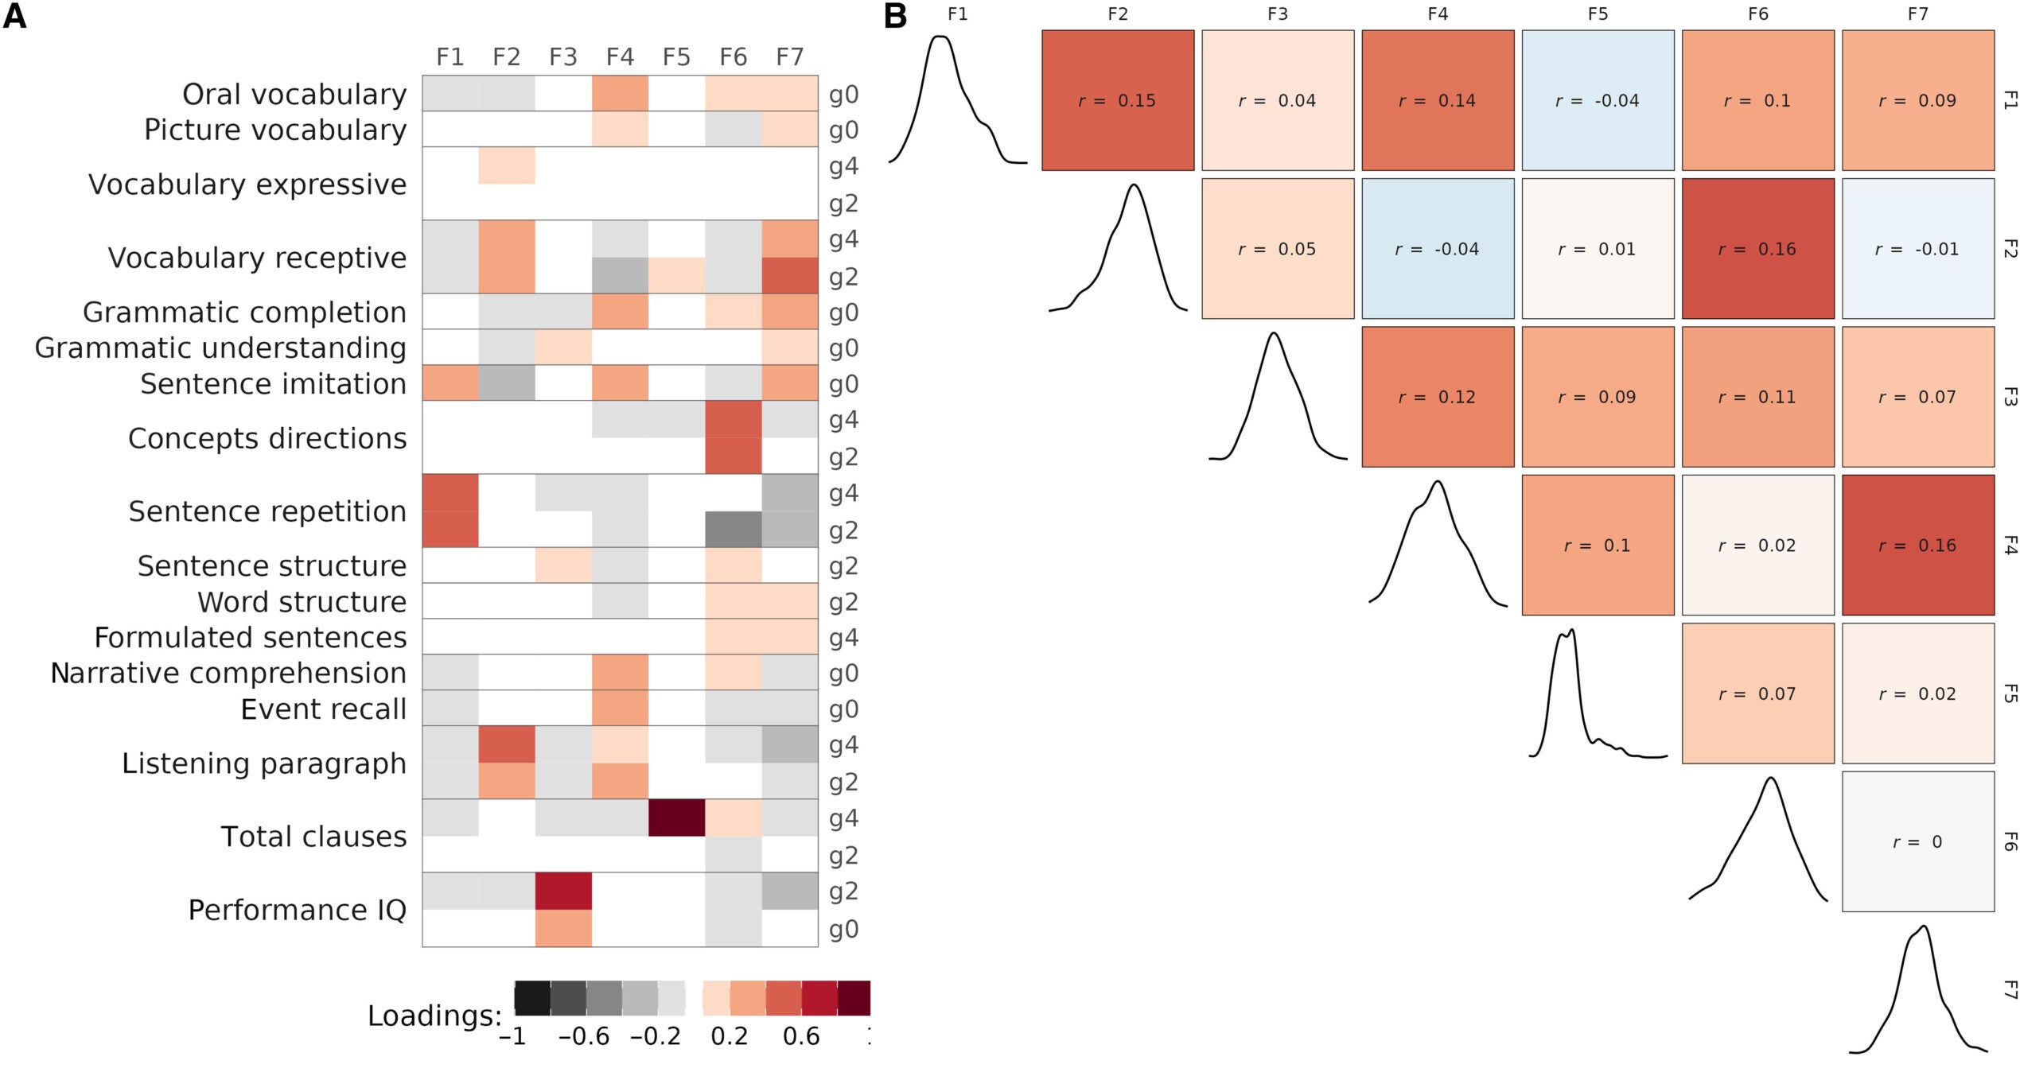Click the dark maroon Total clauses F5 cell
point(676,818)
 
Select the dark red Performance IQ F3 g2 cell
point(563,891)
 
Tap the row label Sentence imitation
point(273,384)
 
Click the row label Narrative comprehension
point(228,674)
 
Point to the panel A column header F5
point(676,57)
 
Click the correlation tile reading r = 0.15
point(1118,100)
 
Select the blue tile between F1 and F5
point(1598,100)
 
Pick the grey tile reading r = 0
point(1917,841)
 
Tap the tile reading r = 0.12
point(1438,397)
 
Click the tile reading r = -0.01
point(1917,249)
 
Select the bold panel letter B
point(895,16)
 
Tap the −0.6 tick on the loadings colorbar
point(584,1037)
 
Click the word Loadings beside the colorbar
point(434,1016)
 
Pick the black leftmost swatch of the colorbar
point(532,998)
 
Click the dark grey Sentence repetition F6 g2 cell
point(733,529)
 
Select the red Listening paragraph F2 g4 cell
point(507,744)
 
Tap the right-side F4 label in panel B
point(2009,546)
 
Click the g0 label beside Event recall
point(843,709)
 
